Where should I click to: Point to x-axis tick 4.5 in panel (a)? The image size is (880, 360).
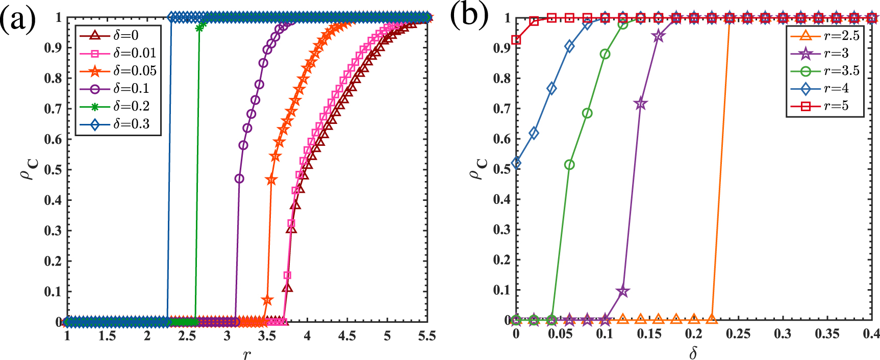click(x=347, y=336)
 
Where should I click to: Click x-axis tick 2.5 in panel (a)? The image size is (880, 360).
click(x=187, y=336)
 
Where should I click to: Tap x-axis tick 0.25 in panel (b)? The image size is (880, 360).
click(x=738, y=334)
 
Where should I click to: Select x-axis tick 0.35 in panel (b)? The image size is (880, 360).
click(x=827, y=334)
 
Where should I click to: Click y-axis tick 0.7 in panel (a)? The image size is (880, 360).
click(x=53, y=109)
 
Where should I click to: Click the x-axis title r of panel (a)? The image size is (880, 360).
click(x=247, y=353)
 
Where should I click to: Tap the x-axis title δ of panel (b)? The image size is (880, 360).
click(x=693, y=353)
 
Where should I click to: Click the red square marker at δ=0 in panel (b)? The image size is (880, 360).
click(x=516, y=40)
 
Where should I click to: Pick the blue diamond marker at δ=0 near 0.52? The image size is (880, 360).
click(x=516, y=163)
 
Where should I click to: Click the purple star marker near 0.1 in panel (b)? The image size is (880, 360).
click(x=622, y=292)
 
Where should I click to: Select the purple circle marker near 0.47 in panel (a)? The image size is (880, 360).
click(x=239, y=179)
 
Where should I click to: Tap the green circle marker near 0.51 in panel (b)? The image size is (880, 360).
click(x=569, y=165)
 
